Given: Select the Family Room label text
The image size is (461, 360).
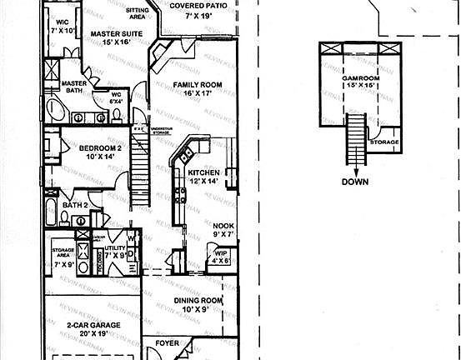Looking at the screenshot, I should click(197, 86).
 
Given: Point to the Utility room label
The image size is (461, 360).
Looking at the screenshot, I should click(114, 248).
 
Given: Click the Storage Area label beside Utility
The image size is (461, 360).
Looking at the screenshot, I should click(64, 251).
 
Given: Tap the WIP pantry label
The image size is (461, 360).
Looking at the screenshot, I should click(221, 253).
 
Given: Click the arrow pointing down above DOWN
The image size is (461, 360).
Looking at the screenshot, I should click(355, 169).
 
